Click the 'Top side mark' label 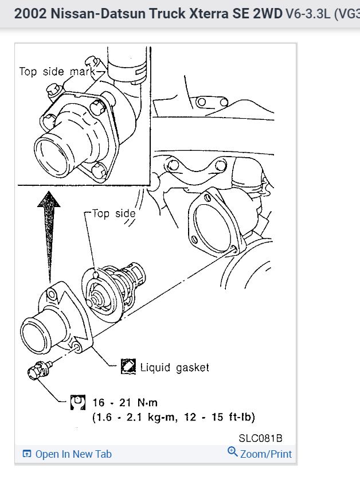tap(57, 72)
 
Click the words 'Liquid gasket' tap(175, 367)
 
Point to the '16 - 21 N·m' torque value tap(124, 402)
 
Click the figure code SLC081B tap(261, 438)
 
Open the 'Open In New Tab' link tap(73, 454)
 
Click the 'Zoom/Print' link tap(266, 454)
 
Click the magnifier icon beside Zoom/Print tap(233, 452)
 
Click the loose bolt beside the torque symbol tap(38, 371)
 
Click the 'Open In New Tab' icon tap(27, 454)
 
